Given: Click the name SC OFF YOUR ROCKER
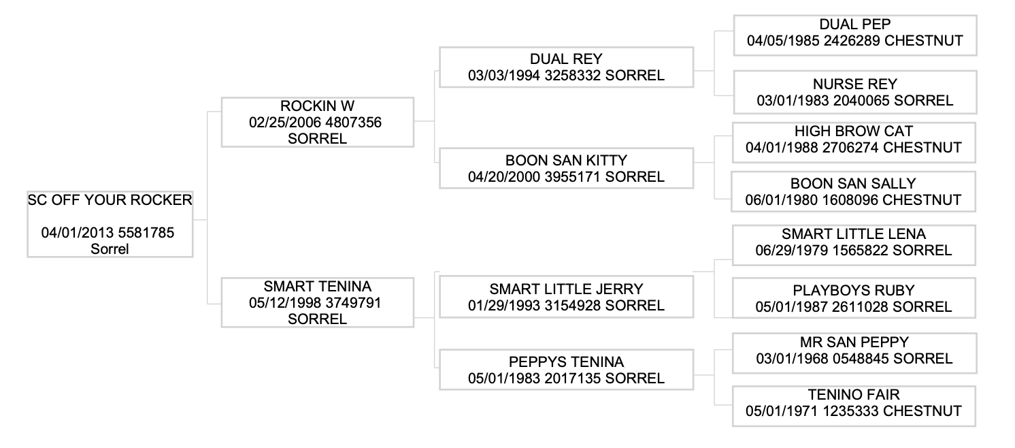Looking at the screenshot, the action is tap(110, 200).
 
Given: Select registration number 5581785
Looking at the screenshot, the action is tap(146, 233).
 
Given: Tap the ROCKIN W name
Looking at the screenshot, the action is tap(317, 106).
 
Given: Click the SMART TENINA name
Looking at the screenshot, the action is tap(317, 287).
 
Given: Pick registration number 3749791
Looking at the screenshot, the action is tap(353, 303).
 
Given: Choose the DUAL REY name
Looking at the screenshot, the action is tap(566, 59).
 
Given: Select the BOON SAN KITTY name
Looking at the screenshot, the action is tap(566, 161).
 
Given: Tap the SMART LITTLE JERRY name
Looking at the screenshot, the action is tap(566, 289).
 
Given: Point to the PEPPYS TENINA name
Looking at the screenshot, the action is tap(566, 362).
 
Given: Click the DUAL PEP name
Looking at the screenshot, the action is tap(854, 24).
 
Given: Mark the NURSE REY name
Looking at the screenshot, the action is tap(854, 84).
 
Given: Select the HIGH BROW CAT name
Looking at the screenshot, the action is tap(853, 131).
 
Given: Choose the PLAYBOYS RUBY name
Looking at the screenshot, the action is tap(853, 291).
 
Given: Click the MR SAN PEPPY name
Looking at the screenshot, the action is tap(854, 342).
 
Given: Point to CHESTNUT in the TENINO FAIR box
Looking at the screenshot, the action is tap(922, 411).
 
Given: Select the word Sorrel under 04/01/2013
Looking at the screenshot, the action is tap(110, 249).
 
